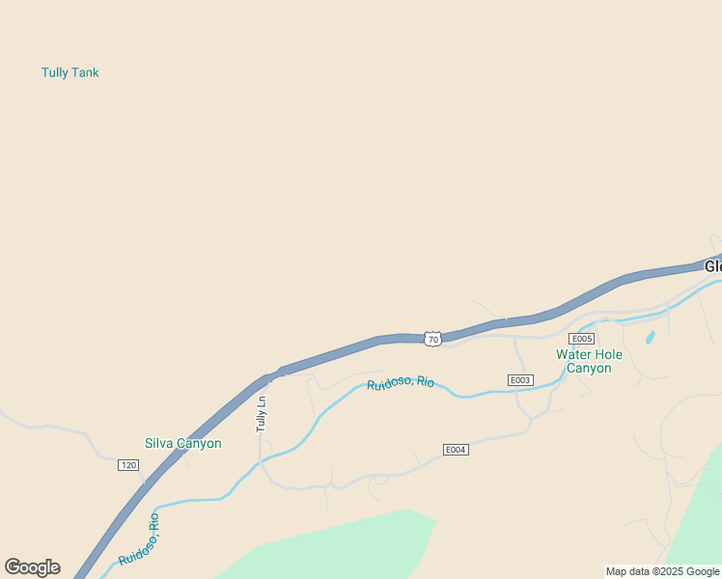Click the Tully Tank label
(69, 72)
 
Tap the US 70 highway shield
(432, 339)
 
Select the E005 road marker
(581, 339)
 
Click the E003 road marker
(520, 380)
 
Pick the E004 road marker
(456, 450)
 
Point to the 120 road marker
(128, 465)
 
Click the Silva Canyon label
(182, 444)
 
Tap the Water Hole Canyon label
(589, 361)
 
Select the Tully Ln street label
(261, 414)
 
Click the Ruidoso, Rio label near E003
(401, 383)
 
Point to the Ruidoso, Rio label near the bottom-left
(141, 539)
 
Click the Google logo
(32, 567)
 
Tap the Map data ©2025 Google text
(662, 571)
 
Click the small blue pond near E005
(650, 338)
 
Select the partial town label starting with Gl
(712, 266)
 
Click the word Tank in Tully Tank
(84, 72)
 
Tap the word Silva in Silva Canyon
(159, 444)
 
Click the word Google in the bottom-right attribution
(703, 571)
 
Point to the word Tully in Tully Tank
(54, 72)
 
